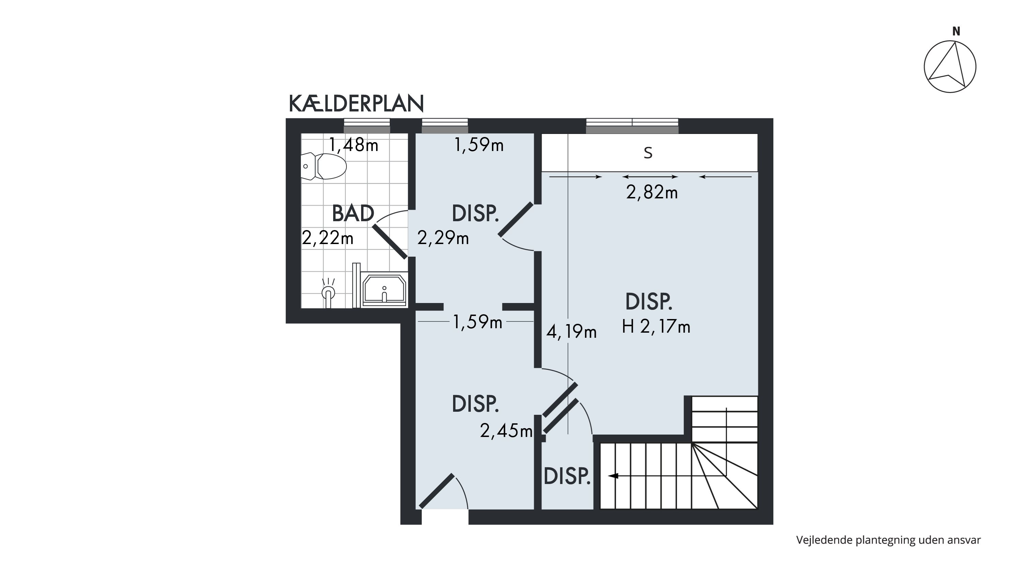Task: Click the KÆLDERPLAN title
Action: pos(356,104)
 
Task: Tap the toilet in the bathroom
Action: pos(324,166)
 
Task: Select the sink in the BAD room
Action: pos(384,289)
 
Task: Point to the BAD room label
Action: pos(353,213)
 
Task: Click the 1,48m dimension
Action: pos(354,145)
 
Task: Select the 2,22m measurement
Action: pos(328,238)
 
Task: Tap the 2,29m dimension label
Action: pos(443,238)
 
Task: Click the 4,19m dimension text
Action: pos(571,331)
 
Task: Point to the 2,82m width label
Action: pos(652,193)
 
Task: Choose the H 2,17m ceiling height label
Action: pos(656,327)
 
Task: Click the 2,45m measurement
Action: pos(506,430)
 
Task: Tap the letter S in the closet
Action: pos(648,153)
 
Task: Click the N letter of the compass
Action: pos(956,31)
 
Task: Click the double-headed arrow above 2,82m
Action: pos(650,177)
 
